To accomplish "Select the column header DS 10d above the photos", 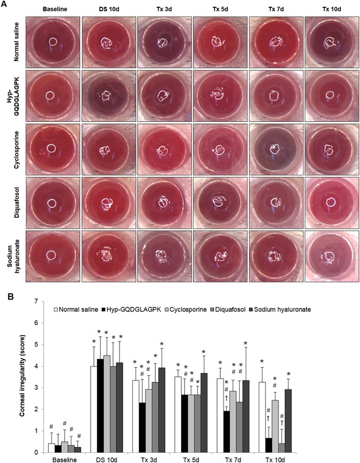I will (109, 9).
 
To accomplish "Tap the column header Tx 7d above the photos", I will (275, 9).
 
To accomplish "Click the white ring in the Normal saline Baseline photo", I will (53, 42).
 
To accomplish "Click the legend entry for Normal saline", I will (78, 309).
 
